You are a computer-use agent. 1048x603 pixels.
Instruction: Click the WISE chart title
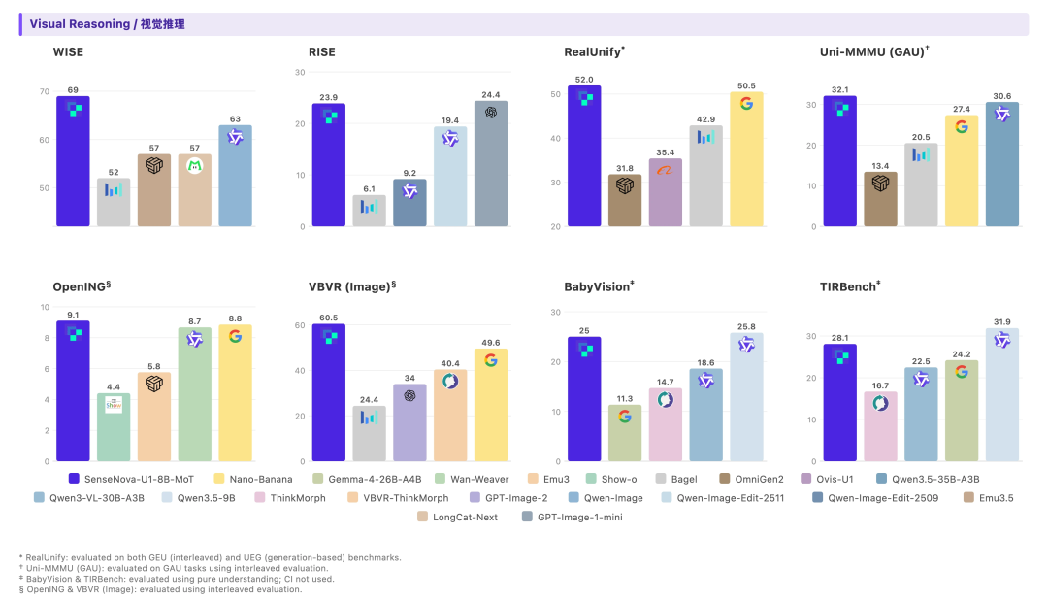pos(68,51)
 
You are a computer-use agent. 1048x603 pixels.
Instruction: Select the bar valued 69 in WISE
pos(73,160)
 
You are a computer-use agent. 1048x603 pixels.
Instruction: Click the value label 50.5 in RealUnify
pos(746,85)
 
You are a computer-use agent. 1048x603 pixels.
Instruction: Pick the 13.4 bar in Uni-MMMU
pos(881,199)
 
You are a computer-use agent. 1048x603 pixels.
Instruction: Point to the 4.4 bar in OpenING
pos(114,427)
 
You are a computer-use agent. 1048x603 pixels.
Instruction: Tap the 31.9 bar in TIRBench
pos(1002,394)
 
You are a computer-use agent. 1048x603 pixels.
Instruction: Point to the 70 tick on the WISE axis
pos(44,92)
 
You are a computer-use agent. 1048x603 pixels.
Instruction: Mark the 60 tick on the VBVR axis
pos(301,325)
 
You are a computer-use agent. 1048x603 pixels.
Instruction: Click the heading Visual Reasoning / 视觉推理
pos(107,23)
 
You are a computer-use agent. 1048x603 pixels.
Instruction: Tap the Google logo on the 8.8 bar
pos(235,336)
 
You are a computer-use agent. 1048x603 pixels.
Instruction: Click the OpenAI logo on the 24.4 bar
pos(491,112)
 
